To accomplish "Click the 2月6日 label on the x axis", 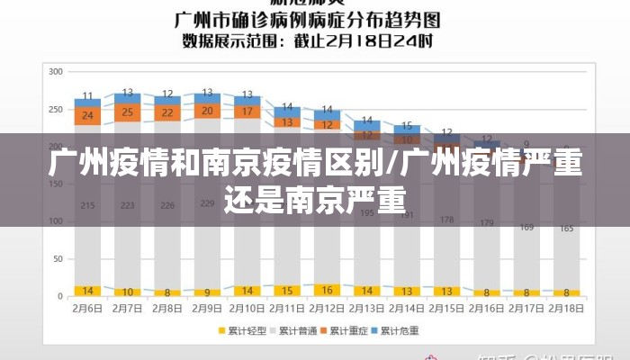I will [87, 308].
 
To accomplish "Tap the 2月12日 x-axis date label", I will [327, 308].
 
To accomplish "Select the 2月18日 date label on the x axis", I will [566, 308].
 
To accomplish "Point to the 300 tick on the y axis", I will [56, 71].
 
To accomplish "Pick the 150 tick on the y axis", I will [56, 184].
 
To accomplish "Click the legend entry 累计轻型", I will [247, 331].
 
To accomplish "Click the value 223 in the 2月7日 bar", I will [127, 206].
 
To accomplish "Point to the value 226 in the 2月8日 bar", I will [166, 206].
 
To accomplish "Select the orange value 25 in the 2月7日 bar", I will [127, 112].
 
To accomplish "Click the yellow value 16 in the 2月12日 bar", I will [327, 290].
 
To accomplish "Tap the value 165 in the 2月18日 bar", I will [566, 229].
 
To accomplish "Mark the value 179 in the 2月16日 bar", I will [487, 222].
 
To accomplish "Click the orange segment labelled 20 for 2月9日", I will [207, 111].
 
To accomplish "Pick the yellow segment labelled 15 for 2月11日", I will [286, 291].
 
